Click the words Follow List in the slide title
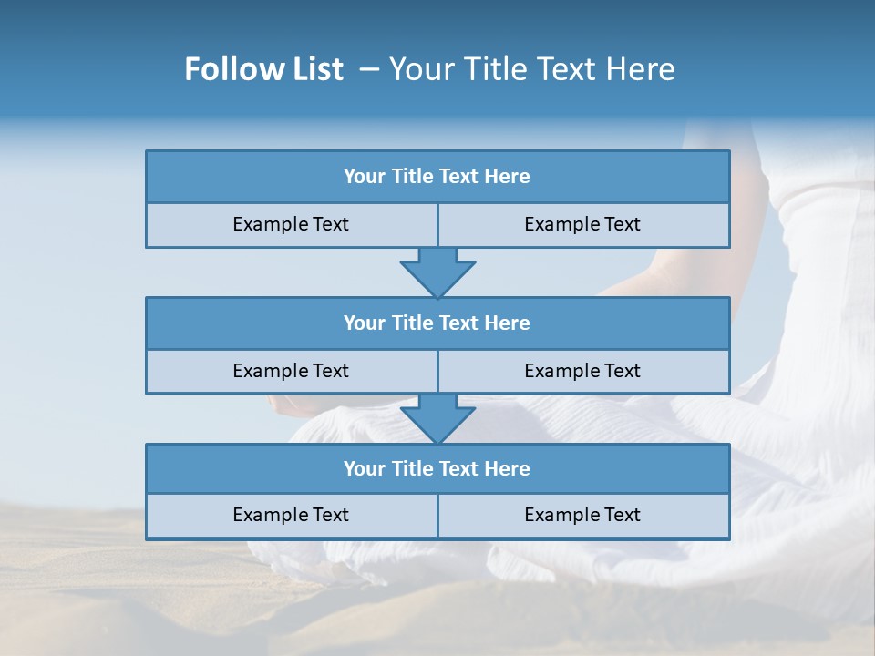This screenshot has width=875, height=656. coord(263,69)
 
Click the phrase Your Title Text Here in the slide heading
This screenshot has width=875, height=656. coord(531,69)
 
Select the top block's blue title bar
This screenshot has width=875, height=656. coord(437,177)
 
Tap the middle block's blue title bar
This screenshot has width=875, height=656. coord(437,323)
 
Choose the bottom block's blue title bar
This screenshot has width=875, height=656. coord(437,468)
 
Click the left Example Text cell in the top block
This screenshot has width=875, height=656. coord(292,225)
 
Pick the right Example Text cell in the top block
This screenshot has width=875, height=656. coord(583,225)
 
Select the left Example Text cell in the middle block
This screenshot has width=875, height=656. coord(292,371)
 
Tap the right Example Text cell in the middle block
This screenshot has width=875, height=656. coord(583,371)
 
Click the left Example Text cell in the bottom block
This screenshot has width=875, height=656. coord(292,516)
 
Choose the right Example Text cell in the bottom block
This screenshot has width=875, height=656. coord(583,516)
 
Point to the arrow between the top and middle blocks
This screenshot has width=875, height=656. coord(437,272)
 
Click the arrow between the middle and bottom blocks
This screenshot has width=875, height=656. coord(437,418)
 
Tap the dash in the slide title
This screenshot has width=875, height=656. coord(369,69)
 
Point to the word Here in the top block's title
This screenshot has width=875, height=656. coord(508,177)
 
